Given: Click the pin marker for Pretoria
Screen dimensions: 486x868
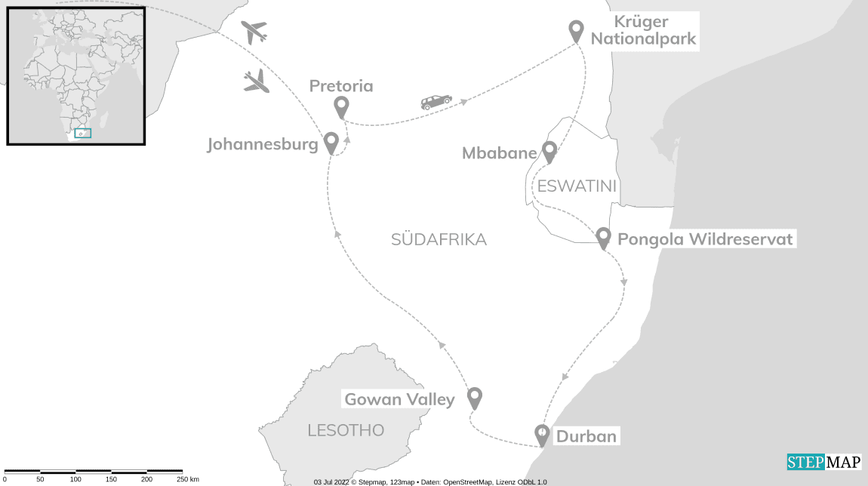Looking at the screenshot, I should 341,107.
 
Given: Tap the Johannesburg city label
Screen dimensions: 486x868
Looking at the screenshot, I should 262,145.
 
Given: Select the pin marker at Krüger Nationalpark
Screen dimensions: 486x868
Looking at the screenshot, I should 576,31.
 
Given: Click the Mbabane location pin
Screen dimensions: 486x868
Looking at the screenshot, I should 549,152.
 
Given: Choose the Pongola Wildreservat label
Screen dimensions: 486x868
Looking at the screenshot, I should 705,240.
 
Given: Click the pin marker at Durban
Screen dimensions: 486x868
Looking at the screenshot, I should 541,435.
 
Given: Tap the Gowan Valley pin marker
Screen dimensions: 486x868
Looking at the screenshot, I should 474,397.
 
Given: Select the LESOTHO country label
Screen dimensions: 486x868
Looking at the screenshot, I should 346,430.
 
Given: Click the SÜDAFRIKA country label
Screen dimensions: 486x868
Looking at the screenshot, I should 439,240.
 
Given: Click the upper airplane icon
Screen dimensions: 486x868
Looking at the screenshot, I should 254,32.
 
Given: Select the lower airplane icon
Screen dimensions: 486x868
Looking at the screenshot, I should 257,81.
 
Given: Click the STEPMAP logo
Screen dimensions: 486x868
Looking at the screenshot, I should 823,462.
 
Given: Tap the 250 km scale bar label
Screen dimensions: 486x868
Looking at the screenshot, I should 189,479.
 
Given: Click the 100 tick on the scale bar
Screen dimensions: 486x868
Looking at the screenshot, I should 75,479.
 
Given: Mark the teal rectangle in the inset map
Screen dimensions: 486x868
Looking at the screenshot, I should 83,134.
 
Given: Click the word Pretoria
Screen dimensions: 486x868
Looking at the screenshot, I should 341,86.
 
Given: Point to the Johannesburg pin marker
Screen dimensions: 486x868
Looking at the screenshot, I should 331,143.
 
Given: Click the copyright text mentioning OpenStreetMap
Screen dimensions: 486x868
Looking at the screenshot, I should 430,481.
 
